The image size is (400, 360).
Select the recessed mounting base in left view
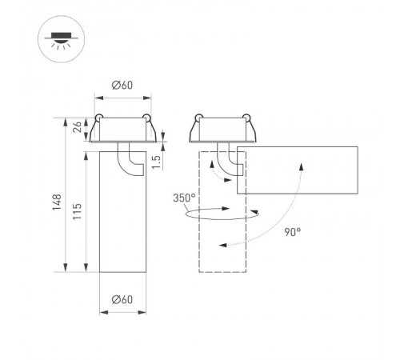122,130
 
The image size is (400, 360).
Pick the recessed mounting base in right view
222,130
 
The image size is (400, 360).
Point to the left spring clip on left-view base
98,122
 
